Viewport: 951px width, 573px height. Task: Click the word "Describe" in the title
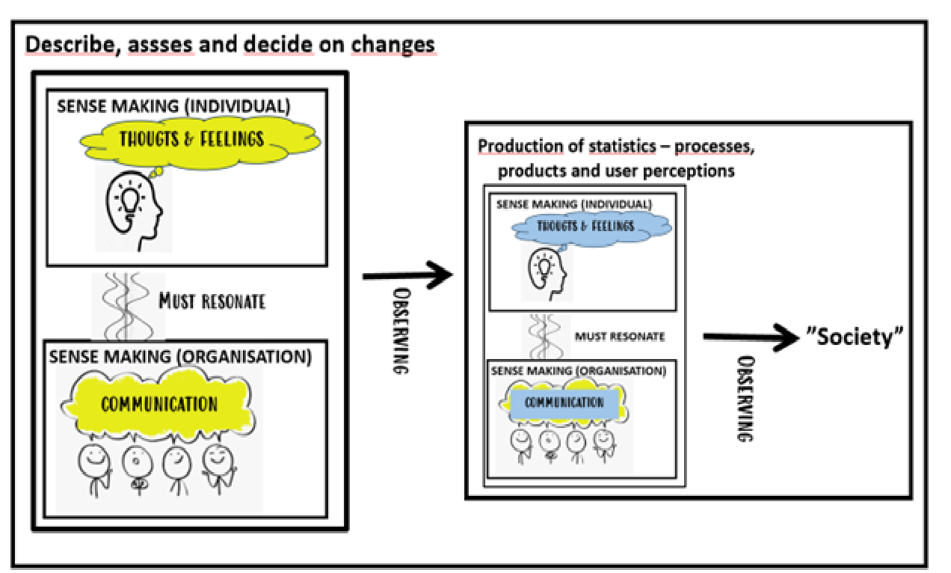tap(70, 45)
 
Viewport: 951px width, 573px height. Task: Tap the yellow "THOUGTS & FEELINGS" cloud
tap(200, 142)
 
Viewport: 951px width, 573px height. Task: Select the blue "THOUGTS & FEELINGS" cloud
tap(592, 228)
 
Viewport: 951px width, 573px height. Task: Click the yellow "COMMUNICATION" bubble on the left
tap(158, 403)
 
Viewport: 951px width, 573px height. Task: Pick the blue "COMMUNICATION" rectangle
tap(564, 402)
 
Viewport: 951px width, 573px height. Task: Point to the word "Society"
tap(855, 337)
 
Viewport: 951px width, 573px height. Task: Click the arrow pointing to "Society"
tap(751, 337)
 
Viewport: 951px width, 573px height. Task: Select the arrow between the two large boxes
tap(407, 275)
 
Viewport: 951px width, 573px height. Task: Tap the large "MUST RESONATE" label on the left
tap(212, 301)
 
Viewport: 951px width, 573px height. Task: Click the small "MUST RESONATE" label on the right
tap(620, 337)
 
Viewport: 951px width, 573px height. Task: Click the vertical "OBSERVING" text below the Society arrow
tap(745, 399)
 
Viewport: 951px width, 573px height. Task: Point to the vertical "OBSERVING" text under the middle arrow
tap(401, 331)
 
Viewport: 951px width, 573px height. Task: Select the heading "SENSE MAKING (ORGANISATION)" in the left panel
tap(180, 357)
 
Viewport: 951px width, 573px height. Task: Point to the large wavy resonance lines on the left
tap(126, 306)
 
